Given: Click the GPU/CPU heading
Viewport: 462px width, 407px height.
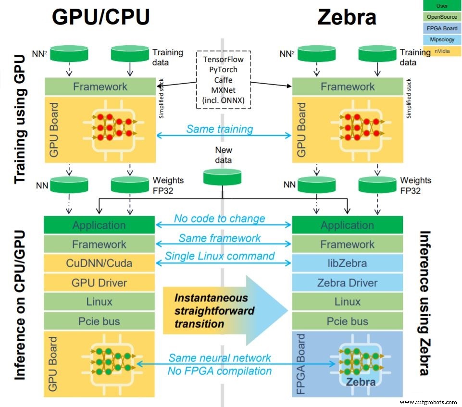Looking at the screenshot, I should [100, 17].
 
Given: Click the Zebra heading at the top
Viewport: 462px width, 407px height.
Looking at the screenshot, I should [347, 17].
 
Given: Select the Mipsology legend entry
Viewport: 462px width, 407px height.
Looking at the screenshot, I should [441, 40].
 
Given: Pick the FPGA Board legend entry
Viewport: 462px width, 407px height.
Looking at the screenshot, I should [441, 28].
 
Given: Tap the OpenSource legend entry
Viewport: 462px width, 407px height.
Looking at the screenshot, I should [441, 17].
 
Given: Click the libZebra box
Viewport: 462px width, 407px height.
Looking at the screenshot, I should [347, 263].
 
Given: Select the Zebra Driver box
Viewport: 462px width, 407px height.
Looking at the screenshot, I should [347, 283].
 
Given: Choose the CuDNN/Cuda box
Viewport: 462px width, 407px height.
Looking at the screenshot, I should [99, 263].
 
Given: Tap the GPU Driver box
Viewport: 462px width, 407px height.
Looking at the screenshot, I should [99, 283].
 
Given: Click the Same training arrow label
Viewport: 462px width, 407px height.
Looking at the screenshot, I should [219, 129].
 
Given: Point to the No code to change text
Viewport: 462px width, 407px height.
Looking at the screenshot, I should [219, 219].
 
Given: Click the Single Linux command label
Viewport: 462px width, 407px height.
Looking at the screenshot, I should [220, 256].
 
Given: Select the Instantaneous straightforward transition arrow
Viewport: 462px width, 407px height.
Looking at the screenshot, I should [224, 310].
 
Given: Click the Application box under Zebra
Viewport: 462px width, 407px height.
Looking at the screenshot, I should [347, 225].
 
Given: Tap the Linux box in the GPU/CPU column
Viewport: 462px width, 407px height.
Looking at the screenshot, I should [99, 302].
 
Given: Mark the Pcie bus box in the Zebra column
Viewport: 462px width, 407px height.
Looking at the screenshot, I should [347, 321].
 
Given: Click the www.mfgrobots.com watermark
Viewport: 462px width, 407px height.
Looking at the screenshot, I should [429, 401].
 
